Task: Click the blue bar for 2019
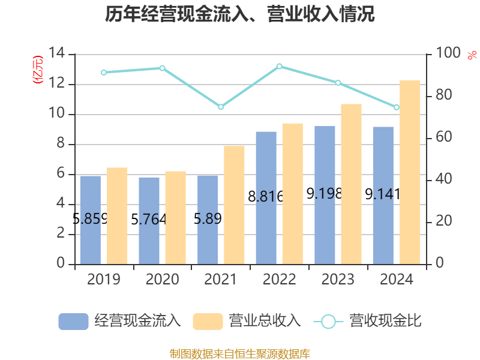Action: coord(91,220)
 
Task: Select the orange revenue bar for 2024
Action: coord(410,172)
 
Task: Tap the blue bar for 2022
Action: coord(266,197)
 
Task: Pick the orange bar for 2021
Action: coord(235,205)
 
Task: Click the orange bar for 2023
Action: coord(352,184)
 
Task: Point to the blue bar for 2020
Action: coord(149,220)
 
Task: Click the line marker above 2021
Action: coord(221,107)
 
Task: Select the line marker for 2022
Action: coord(280,66)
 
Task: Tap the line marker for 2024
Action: coord(397,107)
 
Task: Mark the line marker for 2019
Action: coord(104,73)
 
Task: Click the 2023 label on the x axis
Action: coord(338,280)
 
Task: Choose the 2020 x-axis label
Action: coord(162,280)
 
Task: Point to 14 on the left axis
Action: coord(57,53)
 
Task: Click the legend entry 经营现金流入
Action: coord(120,321)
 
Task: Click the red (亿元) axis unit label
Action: coord(38,69)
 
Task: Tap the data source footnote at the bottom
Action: coord(240,353)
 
